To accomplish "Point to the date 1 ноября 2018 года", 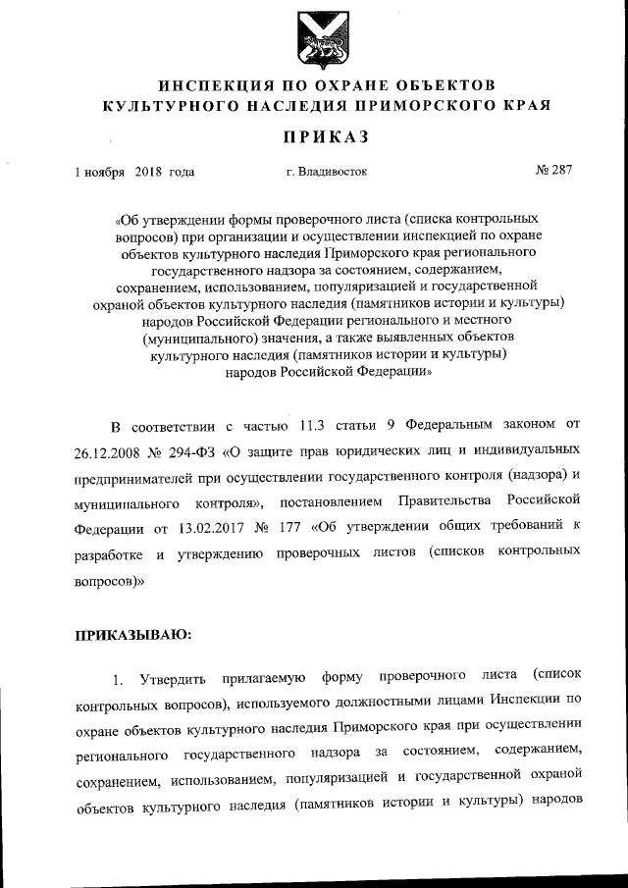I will [134, 172].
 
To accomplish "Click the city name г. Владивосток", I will [327, 172].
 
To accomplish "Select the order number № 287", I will [553, 171].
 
